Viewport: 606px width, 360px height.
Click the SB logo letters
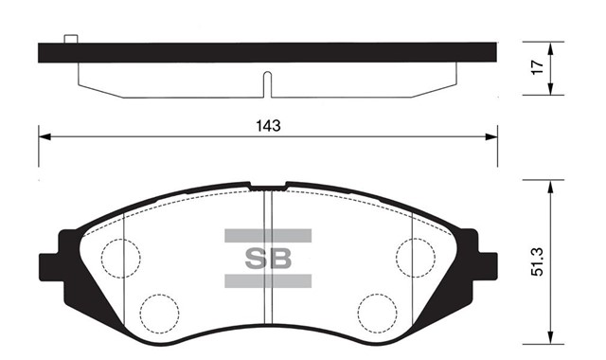(269, 258)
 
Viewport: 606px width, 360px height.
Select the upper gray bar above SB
(269, 234)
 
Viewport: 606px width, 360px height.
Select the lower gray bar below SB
(269, 280)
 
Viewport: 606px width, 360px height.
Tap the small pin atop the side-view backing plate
(69, 40)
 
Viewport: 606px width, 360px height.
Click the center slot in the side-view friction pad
(268, 83)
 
